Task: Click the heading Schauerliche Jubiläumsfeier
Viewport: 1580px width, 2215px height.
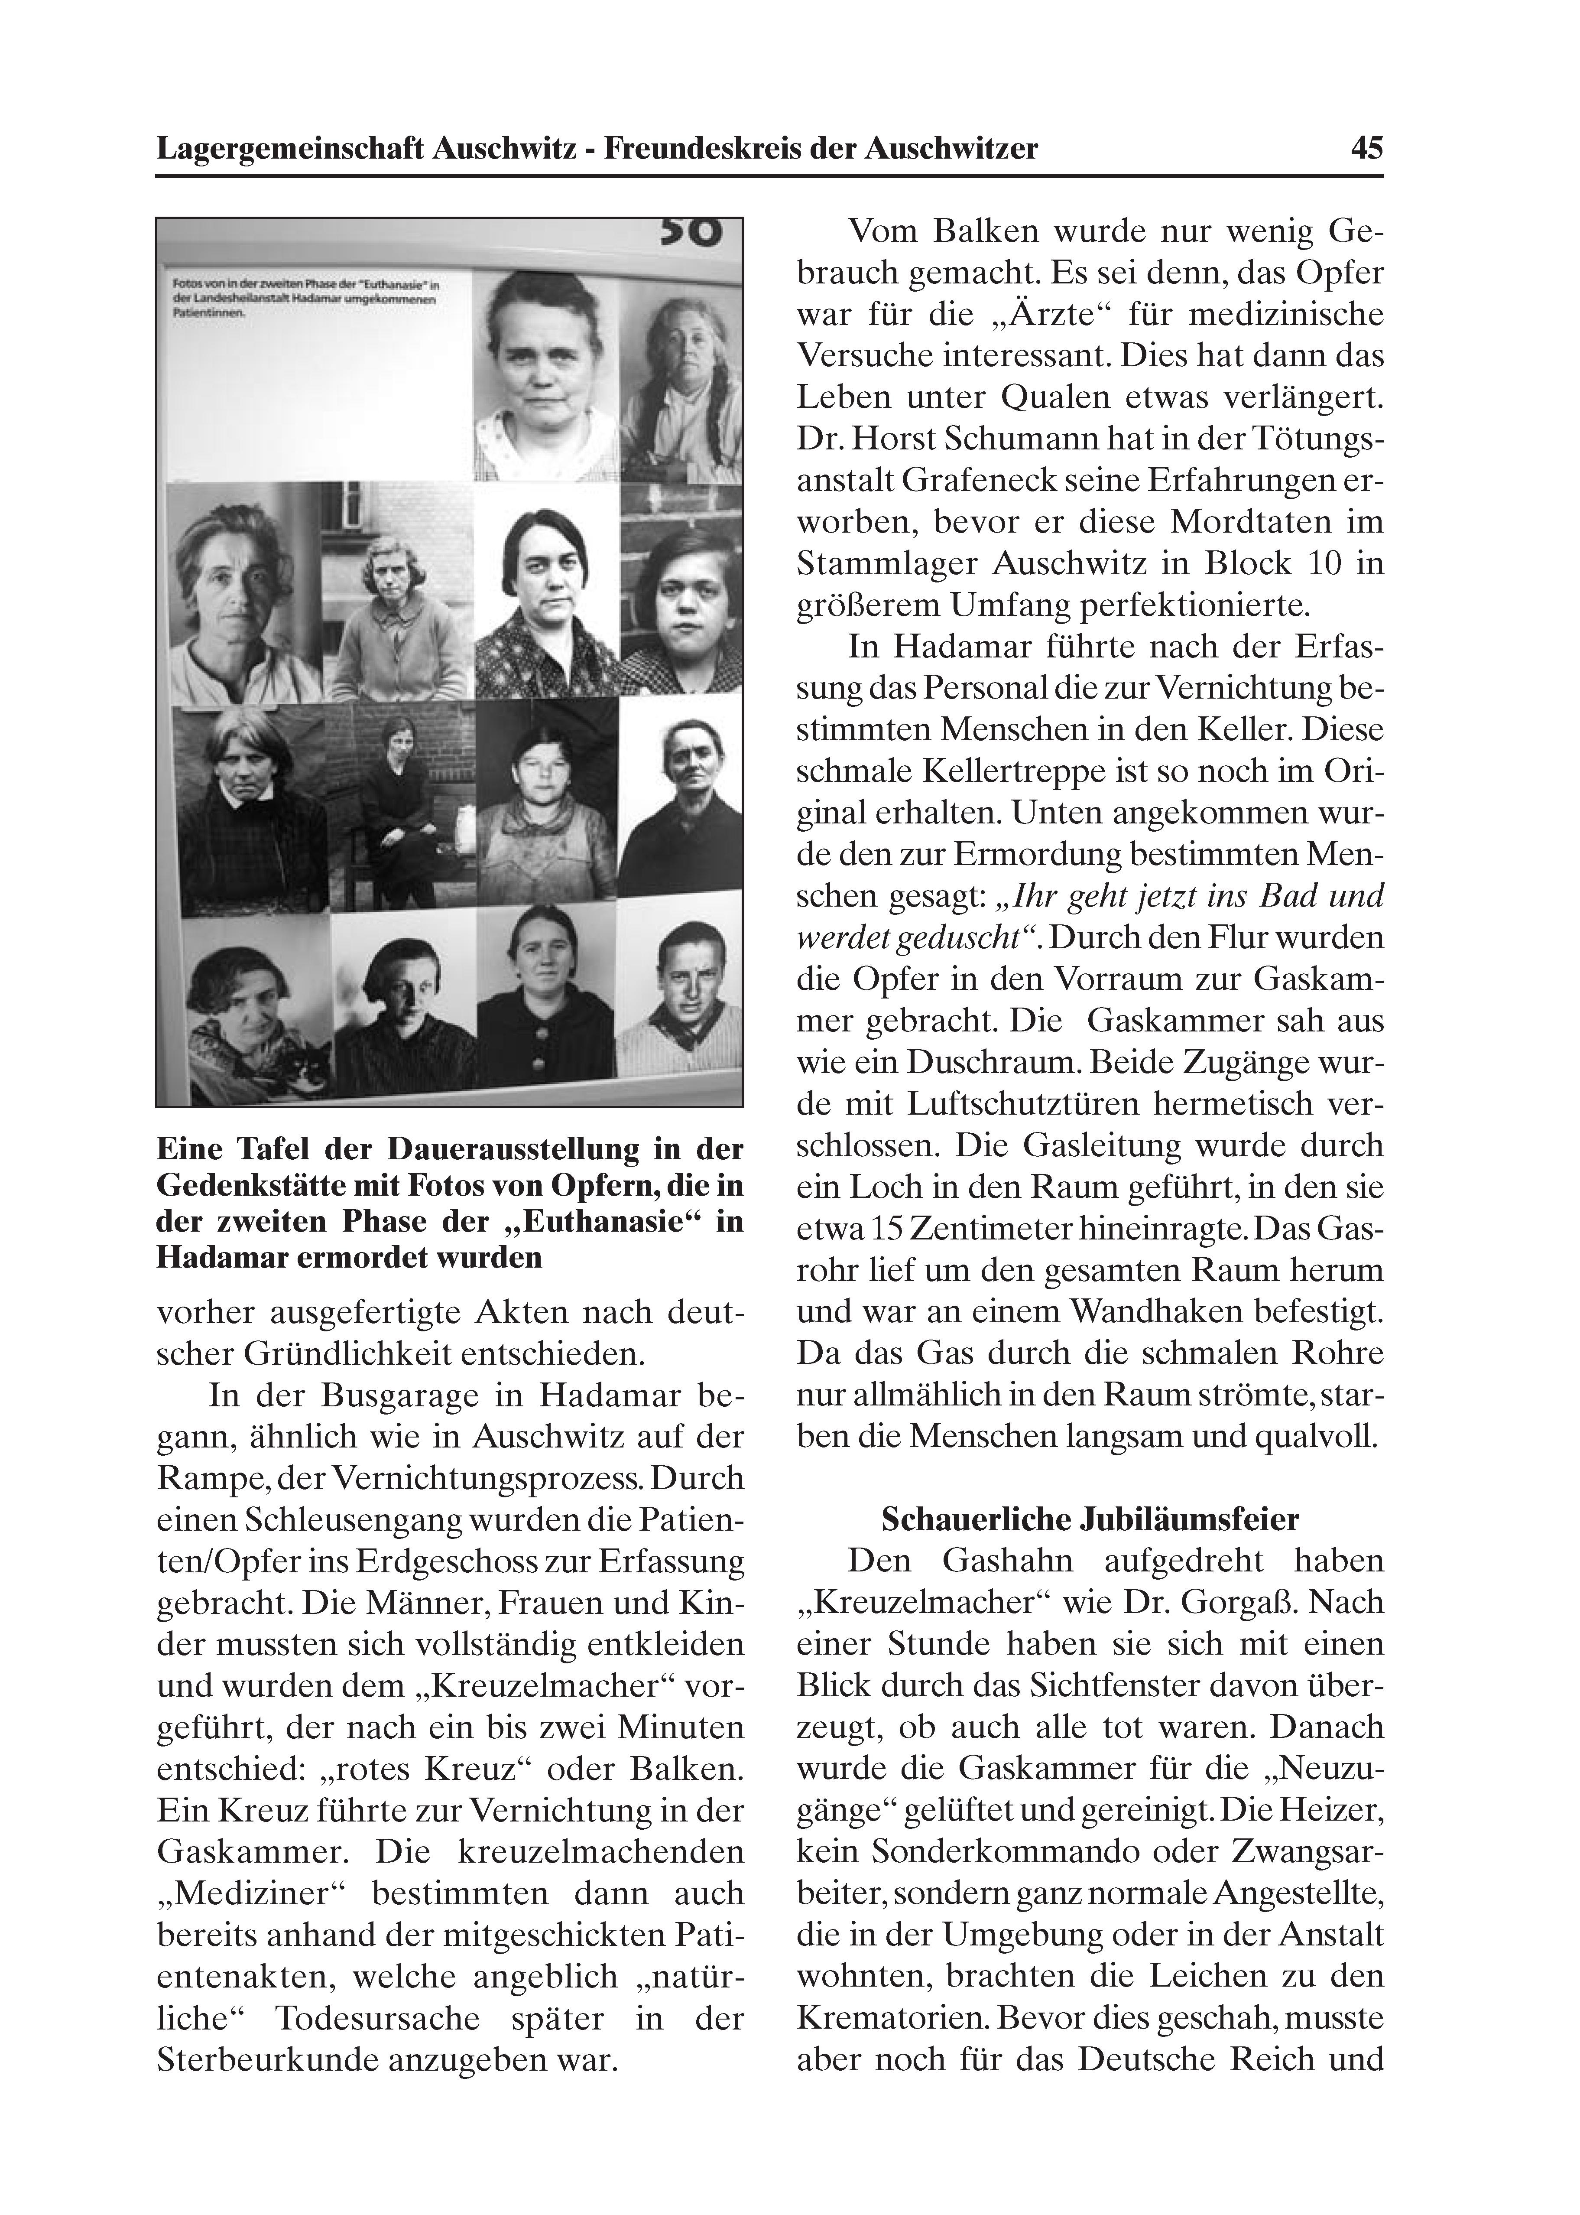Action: [x=1090, y=1519]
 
